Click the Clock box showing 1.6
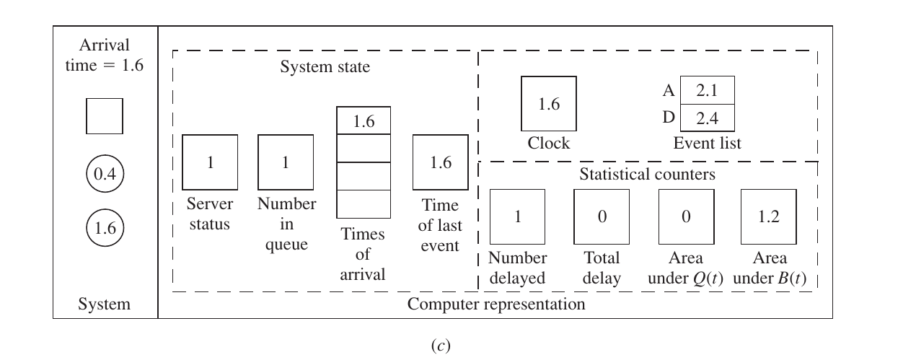[x=549, y=103]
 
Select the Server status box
[x=210, y=162]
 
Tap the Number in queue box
[x=286, y=162]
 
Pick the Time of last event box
[x=441, y=162]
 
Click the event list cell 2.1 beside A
[x=707, y=90]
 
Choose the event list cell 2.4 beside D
[x=707, y=118]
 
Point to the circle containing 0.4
[x=105, y=173]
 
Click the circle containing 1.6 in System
[x=105, y=227]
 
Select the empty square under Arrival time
[x=105, y=115]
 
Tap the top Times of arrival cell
[x=364, y=120]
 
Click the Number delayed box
[x=517, y=216]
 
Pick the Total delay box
[x=602, y=216]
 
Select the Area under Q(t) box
[x=686, y=216]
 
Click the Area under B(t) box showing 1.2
[x=769, y=216]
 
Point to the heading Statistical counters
[x=648, y=175]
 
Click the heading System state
[x=325, y=66]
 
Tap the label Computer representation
[x=496, y=304]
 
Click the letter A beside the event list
[x=669, y=90]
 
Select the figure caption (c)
[x=441, y=346]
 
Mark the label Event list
[x=707, y=143]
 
